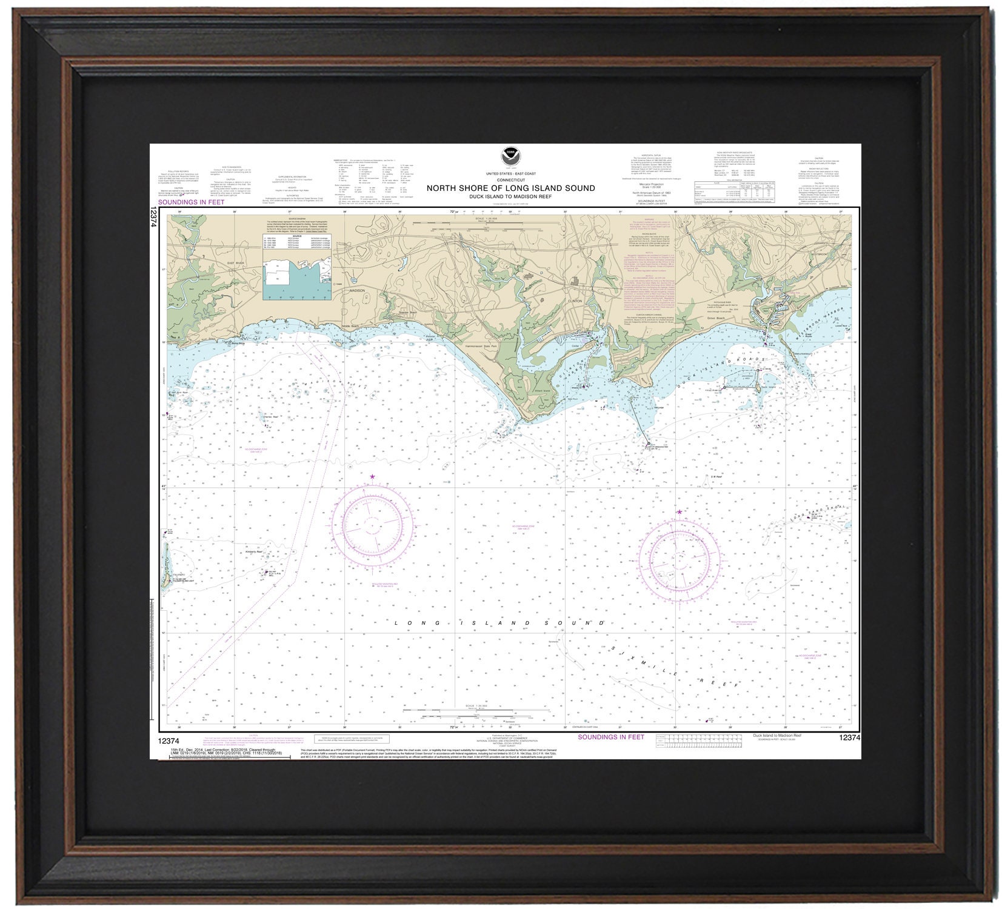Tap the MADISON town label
pos(358,290)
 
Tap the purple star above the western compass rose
pos(372,477)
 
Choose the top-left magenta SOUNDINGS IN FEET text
pos(191,202)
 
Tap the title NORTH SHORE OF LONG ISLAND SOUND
pos(510,188)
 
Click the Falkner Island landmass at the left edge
pos(165,564)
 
